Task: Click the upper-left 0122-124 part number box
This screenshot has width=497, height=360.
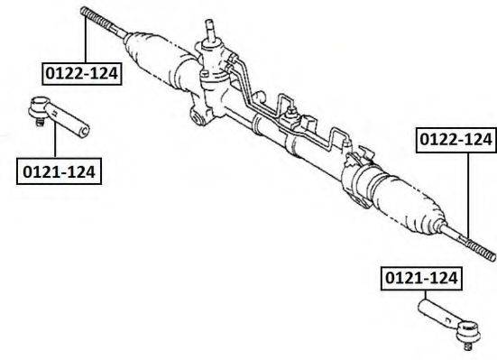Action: (x=82, y=74)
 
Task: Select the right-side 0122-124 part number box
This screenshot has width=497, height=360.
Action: (x=456, y=140)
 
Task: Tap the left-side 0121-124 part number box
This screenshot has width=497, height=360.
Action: (x=59, y=171)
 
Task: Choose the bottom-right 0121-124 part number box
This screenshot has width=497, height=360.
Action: (x=421, y=278)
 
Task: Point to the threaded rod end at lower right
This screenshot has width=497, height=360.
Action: (x=480, y=249)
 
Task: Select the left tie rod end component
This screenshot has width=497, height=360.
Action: (x=59, y=116)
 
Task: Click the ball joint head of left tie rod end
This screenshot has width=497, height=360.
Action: (x=40, y=106)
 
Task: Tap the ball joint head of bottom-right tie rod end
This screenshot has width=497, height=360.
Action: (x=468, y=332)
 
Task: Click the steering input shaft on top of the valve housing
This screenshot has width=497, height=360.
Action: (x=210, y=30)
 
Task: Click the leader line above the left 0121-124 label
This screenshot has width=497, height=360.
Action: (x=55, y=140)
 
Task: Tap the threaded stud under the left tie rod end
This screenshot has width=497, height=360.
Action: (x=40, y=122)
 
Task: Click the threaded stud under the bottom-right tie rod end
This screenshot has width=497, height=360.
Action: (x=467, y=346)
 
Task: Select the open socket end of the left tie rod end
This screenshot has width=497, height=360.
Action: (x=84, y=132)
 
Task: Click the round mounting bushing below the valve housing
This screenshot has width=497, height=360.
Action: (x=198, y=118)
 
